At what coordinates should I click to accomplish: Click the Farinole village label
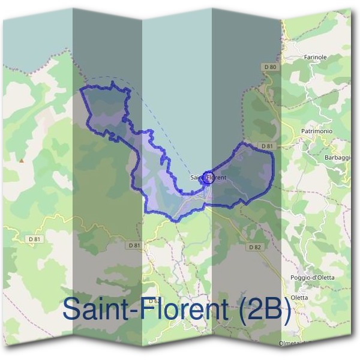pyautogui.click(x=315, y=57)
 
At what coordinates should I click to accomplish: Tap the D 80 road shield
pyautogui.click(x=269, y=67)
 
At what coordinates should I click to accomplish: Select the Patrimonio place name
pyautogui.click(x=317, y=131)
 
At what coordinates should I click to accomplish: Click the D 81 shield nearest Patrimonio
pyautogui.click(x=268, y=146)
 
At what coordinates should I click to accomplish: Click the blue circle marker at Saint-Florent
pyautogui.click(x=208, y=176)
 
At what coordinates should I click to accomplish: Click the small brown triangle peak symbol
pyautogui.click(x=22, y=160)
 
